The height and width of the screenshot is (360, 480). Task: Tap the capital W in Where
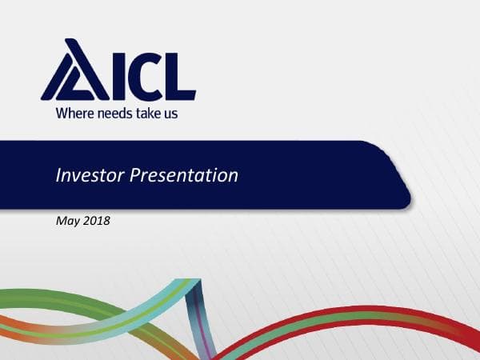[x=62, y=113]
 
